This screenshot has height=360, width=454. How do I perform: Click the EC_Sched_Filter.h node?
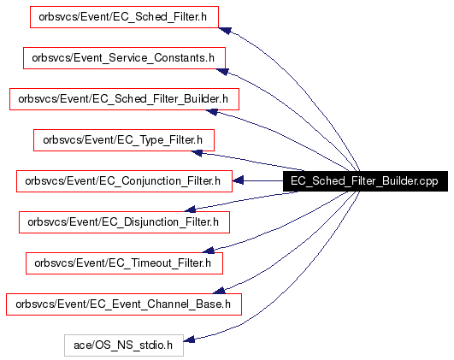[124, 17]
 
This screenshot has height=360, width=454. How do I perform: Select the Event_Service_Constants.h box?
[124, 58]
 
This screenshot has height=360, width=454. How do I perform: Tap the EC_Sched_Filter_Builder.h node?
[124, 99]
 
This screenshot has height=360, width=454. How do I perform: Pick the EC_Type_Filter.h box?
[124, 140]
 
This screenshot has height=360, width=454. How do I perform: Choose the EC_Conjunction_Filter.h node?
[124, 181]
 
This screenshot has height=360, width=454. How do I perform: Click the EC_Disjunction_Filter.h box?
[124, 222]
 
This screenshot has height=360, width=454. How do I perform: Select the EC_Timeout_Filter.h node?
[124, 263]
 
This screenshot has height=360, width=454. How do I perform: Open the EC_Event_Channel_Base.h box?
[124, 304]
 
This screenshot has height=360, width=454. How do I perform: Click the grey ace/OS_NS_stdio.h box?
[124, 345]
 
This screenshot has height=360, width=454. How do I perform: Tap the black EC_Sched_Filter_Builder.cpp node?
[365, 181]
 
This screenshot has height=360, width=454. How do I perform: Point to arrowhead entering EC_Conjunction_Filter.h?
[238, 180]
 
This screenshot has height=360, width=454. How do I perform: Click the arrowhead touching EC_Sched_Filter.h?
[225, 31]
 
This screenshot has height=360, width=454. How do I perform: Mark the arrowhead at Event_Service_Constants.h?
[222, 72]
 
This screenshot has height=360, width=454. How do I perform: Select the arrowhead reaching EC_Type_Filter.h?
[197, 152]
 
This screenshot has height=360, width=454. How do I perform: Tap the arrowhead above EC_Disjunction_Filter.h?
[190, 210]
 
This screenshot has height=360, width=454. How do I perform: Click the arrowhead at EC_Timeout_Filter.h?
[209, 251]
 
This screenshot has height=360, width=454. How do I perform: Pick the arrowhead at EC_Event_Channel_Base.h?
[219, 291]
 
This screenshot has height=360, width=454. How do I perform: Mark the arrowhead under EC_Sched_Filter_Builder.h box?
[212, 112]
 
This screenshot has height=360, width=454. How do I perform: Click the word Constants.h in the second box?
[184, 58]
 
